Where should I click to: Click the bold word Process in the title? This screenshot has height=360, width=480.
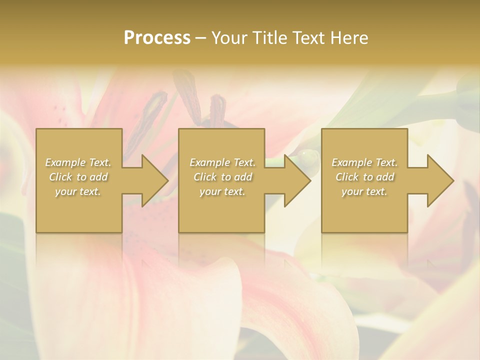click(x=157, y=38)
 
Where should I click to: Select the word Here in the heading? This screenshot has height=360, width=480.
click(x=349, y=38)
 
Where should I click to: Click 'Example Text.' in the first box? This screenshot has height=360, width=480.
click(x=78, y=162)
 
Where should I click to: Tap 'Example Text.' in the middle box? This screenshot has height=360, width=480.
click(x=222, y=162)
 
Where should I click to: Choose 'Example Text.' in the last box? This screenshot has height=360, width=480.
click(x=364, y=162)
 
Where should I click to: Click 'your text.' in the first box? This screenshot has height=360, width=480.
click(x=78, y=191)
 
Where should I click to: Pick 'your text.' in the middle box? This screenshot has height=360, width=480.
click(x=222, y=191)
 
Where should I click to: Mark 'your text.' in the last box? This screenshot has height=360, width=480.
click(x=364, y=191)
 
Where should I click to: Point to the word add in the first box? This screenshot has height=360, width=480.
click(x=99, y=177)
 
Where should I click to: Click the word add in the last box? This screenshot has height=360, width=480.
click(x=385, y=177)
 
